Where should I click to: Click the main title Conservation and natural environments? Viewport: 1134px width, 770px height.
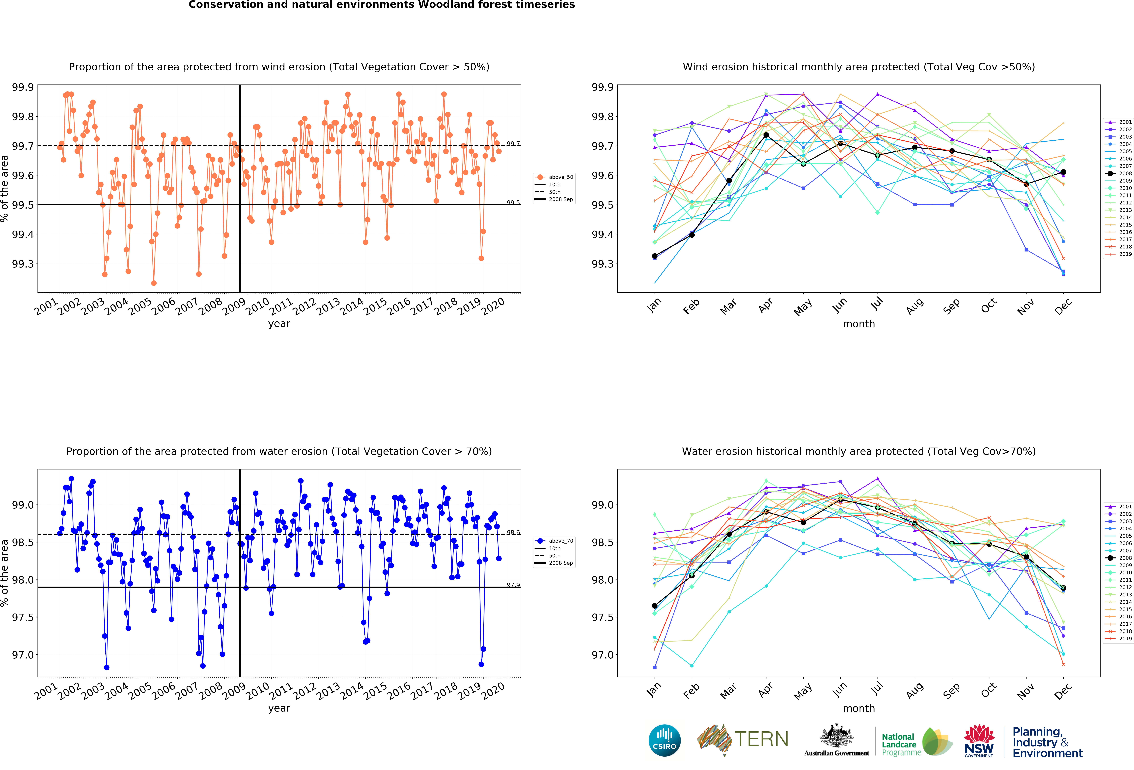point(382,5)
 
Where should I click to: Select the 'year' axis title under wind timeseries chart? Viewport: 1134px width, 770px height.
point(279,324)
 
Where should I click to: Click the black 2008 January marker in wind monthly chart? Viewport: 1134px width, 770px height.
point(654,256)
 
